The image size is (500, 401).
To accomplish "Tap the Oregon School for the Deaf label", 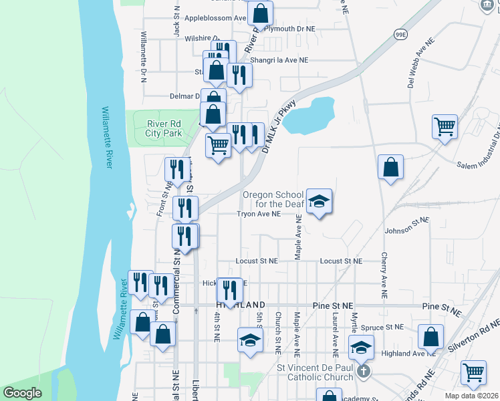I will pyautogui.click(x=273, y=198).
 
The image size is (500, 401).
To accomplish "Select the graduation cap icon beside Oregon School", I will pyautogui.click(x=320, y=202).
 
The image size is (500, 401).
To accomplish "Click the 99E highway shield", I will pyautogui.click(x=400, y=35).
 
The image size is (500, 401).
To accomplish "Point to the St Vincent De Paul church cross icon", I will pyautogui.click(x=363, y=371).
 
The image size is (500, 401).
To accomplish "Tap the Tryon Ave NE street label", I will pyautogui.click(x=258, y=215).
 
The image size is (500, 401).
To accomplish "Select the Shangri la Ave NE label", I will pyautogui.click(x=279, y=59).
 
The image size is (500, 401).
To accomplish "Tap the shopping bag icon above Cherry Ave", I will pyautogui.click(x=390, y=168).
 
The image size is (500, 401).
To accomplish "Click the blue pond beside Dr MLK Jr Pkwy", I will pyautogui.click(x=313, y=114).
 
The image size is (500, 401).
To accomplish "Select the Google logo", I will pyautogui.click(x=23, y=392).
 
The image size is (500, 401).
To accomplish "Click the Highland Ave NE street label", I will pyautogui.click(x=403, y=354).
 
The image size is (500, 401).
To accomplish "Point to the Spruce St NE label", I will pyautogui.click(x=382, y=327).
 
